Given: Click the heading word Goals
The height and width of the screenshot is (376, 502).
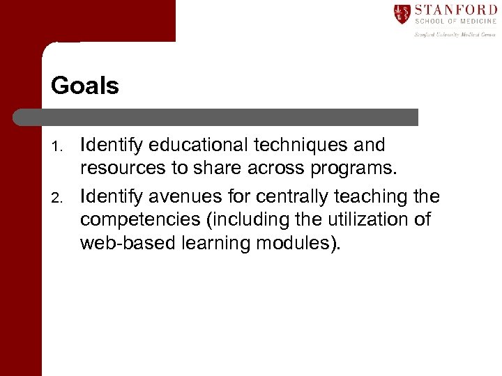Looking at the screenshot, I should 85,86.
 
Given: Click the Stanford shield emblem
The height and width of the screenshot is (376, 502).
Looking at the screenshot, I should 402,14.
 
